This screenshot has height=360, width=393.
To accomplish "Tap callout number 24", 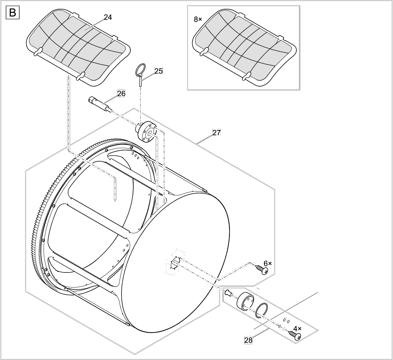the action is tap(108, 17).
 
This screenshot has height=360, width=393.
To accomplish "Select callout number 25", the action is tap(159, 71).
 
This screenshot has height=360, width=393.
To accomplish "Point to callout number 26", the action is tap(121, 93).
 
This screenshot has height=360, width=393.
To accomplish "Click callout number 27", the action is tap(216, 133).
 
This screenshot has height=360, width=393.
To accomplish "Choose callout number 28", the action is tap(249, 340).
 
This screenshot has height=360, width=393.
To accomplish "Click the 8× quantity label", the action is tap(198, 19).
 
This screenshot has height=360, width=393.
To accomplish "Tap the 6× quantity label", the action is tap(268, 263).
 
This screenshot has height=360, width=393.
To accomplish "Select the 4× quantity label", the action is tap(297, 328).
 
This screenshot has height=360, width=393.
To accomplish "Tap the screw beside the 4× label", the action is tap(295, 335).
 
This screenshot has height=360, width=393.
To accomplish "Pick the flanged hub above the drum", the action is tap(148, 131).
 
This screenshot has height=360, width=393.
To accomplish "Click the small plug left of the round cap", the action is tap(228, 293).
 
